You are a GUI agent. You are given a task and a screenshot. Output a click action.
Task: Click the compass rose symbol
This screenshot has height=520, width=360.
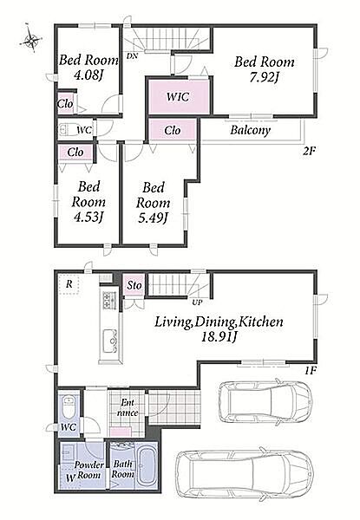coord(31,39)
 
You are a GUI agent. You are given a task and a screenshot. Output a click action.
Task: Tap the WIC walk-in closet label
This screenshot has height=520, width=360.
coord(178,97)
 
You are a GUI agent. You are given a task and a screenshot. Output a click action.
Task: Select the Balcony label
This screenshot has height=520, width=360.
coord(250,130)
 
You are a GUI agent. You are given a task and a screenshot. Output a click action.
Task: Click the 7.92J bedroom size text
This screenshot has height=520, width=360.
coord(264,78)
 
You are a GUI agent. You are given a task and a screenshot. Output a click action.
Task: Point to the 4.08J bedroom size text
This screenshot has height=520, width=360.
coord(88,75)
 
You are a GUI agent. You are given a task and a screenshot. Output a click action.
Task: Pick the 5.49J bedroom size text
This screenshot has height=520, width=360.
coord(153,218)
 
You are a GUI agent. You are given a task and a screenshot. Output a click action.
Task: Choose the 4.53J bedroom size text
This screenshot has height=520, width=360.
coord(88,217)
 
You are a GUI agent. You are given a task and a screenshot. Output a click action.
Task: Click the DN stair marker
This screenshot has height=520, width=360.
coord(132,55)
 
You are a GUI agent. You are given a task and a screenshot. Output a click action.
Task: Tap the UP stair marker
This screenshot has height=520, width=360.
coord(197,302)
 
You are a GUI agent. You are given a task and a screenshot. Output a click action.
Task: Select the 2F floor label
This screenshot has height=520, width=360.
coord(308,151)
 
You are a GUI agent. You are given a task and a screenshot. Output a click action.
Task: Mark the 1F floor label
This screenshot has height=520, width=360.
coord(311,370)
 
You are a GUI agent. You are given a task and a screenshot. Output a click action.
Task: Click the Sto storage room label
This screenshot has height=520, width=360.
coord(134,285)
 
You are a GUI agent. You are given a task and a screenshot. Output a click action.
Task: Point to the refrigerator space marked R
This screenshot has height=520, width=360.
coord(69,284)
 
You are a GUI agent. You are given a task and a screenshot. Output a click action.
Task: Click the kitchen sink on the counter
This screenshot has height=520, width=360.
coord(110,341)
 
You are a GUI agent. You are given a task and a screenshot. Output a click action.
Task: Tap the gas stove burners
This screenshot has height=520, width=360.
coord(108,300)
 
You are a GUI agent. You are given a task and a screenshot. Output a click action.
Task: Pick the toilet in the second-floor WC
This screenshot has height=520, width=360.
coord(68,130)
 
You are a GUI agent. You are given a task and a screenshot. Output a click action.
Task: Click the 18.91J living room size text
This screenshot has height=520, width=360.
coord(219,336)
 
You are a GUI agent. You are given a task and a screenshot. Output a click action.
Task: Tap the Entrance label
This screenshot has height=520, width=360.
coord(128,407)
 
